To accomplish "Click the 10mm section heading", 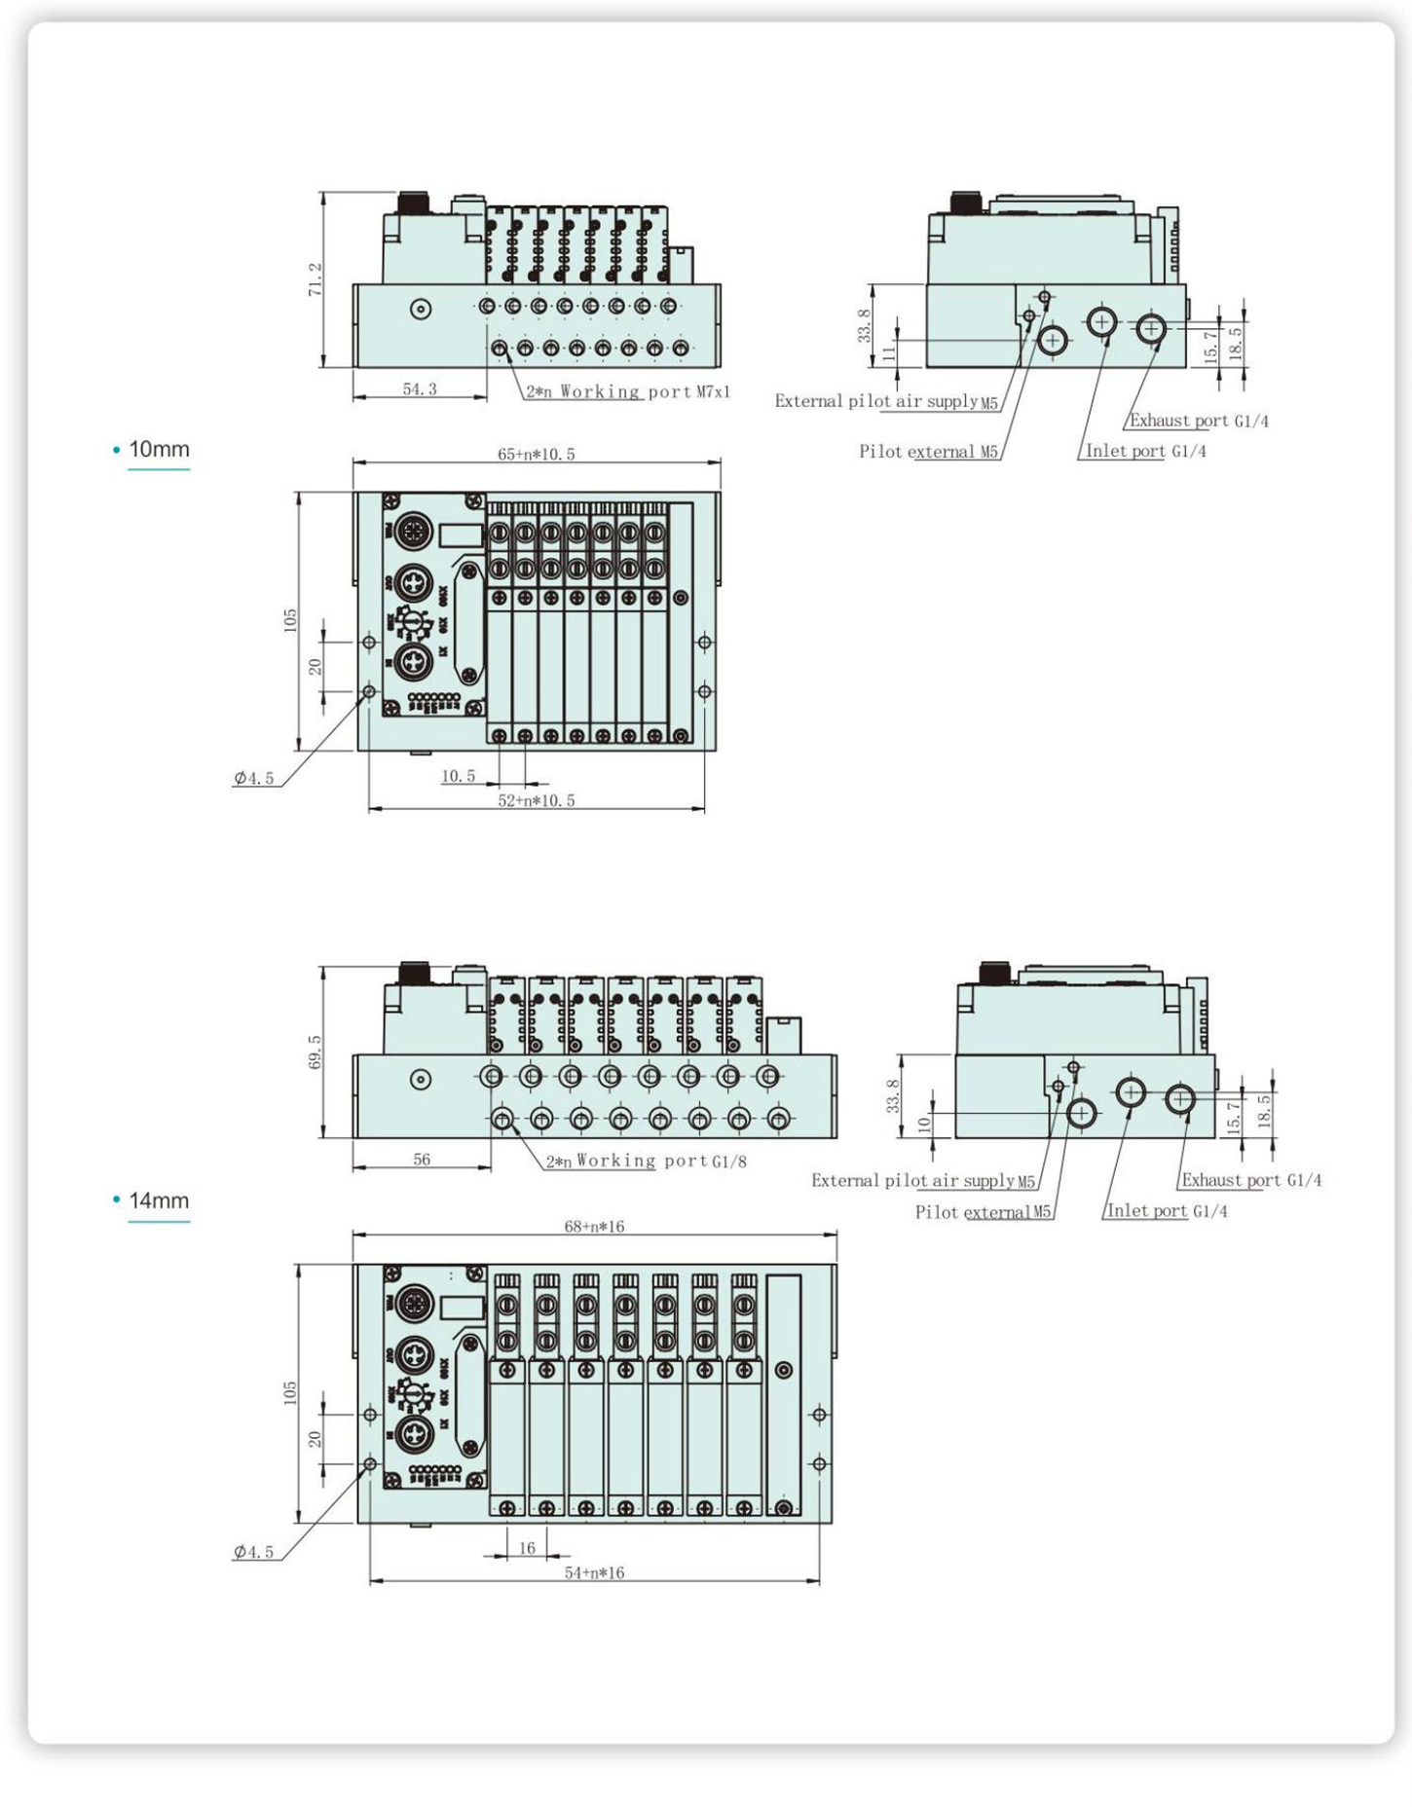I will pos(159,450).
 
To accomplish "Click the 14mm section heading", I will pos(159,1201).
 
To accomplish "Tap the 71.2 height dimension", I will pos(315,279).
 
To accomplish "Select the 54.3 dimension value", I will pos(420,389).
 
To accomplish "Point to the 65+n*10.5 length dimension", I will pos(537,455).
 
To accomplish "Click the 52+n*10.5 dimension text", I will pos(537,800).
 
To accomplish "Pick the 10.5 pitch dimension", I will pos(459,776).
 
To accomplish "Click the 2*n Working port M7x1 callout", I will pos(628,391).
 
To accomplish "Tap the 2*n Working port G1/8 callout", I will pos(647,1162).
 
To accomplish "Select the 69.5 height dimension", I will pos(315,1052).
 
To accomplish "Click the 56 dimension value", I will pos(422,1160).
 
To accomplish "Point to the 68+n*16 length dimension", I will pos(594,1227).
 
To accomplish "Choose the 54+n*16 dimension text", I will pos(594,1572).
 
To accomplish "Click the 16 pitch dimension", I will pos(527,1548).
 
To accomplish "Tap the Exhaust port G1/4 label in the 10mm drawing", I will pos(1199,421).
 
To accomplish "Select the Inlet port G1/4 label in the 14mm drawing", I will pos(1167,1211).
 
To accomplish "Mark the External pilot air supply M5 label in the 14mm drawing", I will pos(923,1181).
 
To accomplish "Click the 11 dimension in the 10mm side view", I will pos(888,352).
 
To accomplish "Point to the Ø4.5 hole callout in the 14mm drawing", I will pos(254,1552).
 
